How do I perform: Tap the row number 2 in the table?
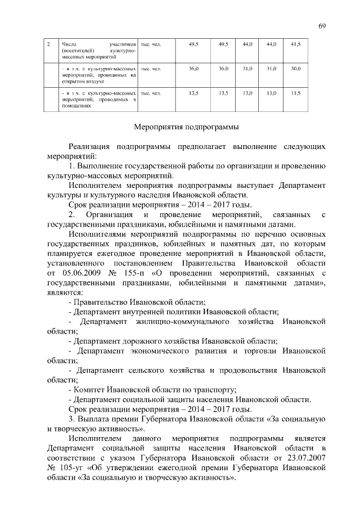(x=49, y=43)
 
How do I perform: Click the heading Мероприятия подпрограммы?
(x=185, y=127)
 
